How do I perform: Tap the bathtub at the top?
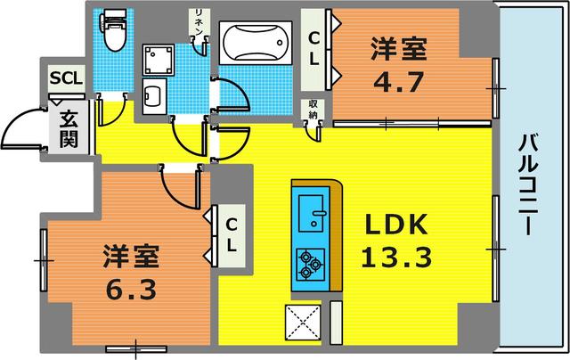coord(255,42)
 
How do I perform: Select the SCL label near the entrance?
coord(66,78)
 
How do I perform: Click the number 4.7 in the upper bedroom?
coord(393,85)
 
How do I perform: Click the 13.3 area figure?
coord(396,257)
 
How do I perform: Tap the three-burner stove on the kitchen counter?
coord(311,262)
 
